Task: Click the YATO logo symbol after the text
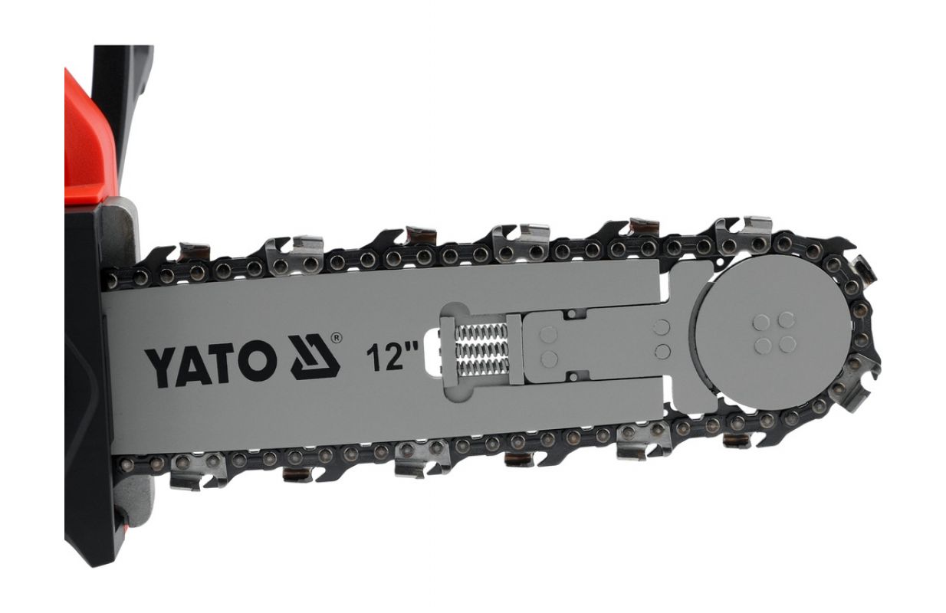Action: pyautogui.click(x=315, y=357)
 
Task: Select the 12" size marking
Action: pyautogui.click(x=393, y=357)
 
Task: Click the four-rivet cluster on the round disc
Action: pyautogui.click(x=774, y=333)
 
